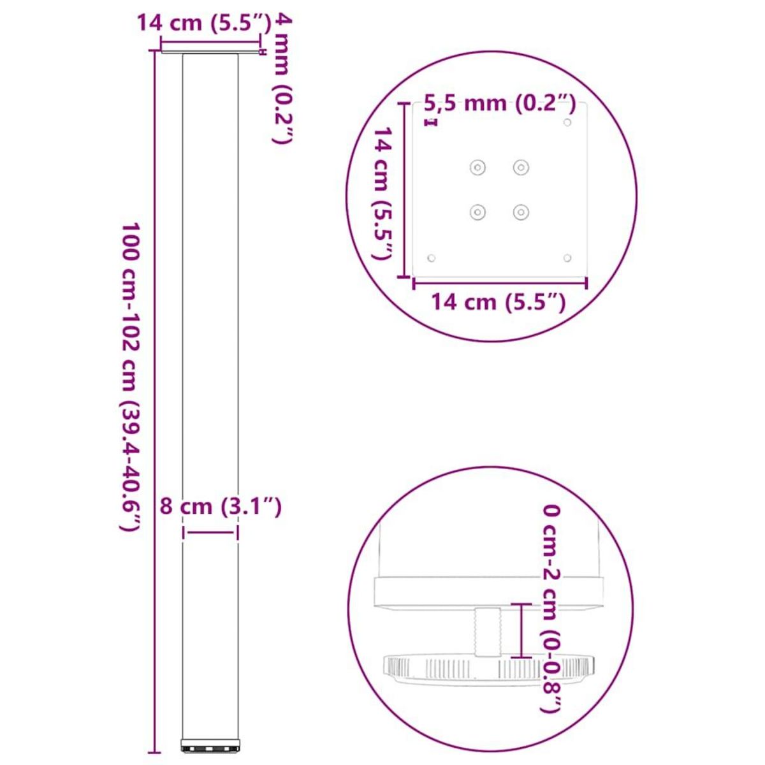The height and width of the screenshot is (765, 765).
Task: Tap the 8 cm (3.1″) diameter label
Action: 220,507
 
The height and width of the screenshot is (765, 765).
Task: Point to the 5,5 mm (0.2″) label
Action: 500,103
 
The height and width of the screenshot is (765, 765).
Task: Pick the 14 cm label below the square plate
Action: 499,301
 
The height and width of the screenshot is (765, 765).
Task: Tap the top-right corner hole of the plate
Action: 567,122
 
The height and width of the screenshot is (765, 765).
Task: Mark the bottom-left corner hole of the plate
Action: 432,258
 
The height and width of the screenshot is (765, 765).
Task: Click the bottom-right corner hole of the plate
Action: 567,258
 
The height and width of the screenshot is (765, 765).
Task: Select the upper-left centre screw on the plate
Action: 477,168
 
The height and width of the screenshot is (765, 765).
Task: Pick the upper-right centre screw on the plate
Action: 521,168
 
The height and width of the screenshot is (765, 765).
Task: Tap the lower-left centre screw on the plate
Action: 477,212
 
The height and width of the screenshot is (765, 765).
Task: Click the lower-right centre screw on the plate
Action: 521,212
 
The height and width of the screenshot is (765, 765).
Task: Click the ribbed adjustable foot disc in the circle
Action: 484,669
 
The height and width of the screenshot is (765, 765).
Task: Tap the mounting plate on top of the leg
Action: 210,50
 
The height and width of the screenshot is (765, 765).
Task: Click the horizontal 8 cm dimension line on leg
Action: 210,532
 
